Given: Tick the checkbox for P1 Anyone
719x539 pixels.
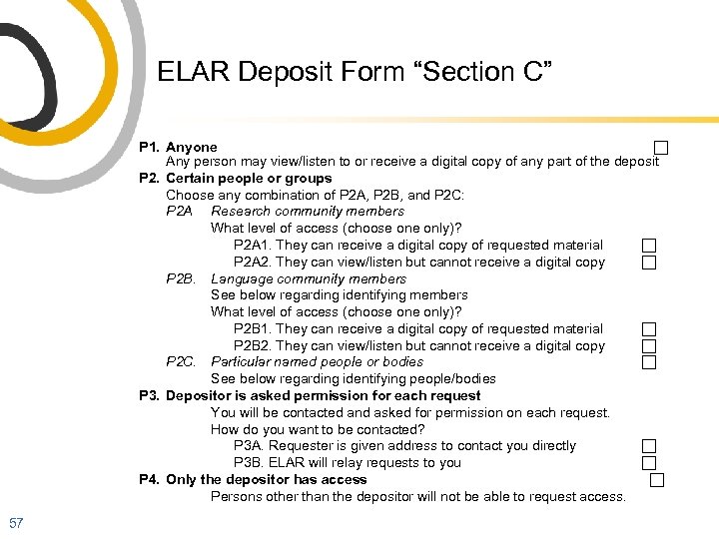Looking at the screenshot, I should (x=660, y=149).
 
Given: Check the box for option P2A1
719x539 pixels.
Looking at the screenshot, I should (x=648, y=246).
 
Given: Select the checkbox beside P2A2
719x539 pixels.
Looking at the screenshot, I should (x=648, y=263).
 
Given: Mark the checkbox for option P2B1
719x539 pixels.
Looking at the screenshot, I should (x=648, y=329).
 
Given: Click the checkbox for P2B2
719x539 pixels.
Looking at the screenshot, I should (x=648, y=346).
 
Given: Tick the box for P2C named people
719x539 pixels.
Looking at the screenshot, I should (x=648, y=362).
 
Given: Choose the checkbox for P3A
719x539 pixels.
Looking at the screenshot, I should (x=648, y=447).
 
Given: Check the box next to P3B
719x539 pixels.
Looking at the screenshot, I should (x=648, y=463).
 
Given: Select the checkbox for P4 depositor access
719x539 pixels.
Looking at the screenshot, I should (x=656, y=480).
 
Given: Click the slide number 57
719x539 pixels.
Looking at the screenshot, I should (x=16, y=522).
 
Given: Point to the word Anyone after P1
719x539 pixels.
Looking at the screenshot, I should (x=191, y=147).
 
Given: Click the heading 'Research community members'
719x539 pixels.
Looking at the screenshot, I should (x=308, y=212).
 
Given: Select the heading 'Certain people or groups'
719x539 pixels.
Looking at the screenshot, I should (x=249, y=179).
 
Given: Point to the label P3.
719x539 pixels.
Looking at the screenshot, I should (x=149, y=395).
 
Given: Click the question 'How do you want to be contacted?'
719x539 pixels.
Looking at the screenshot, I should (x=318, y=429).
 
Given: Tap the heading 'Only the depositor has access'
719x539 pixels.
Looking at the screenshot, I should (x=267, y=480).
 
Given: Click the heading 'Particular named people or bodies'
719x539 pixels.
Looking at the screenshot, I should (x=317, y=362).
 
